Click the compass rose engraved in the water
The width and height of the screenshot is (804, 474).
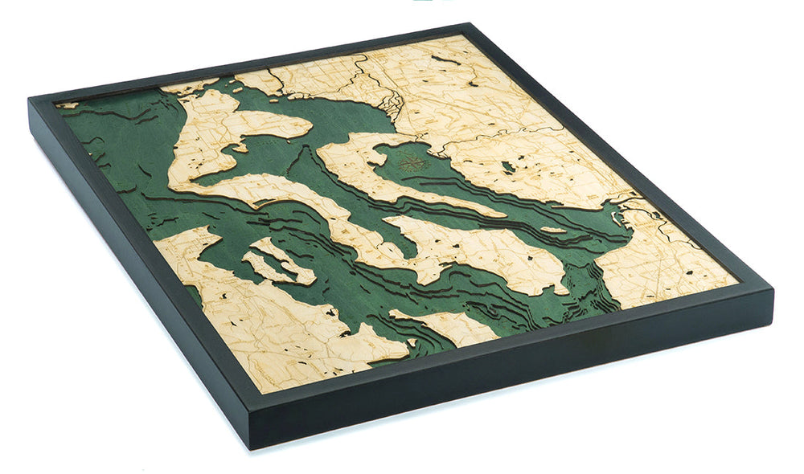coord(411,162)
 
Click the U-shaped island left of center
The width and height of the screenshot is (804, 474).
coord(273,261)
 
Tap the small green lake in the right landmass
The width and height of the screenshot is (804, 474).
coord(507,167)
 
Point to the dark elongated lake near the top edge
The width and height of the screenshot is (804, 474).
coord(447,59)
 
